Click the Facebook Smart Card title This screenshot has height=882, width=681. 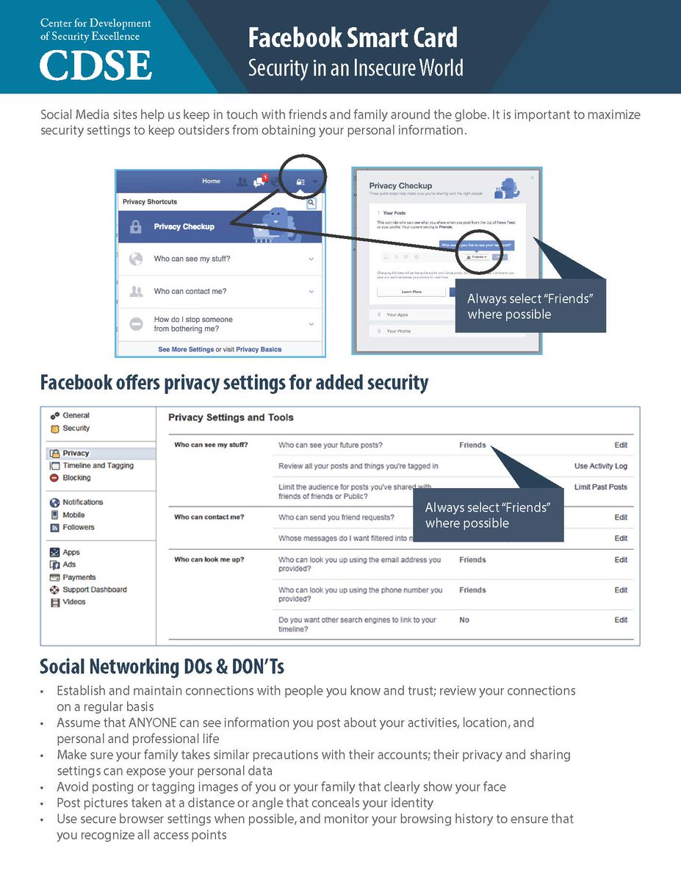[x=353, y=37]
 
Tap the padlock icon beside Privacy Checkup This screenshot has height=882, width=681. [x=135, y=227]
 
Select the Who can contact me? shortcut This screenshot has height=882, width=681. [x=190, y=292]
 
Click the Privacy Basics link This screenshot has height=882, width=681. [x=259, y=349]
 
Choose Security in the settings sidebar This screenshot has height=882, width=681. [x=76, y=428]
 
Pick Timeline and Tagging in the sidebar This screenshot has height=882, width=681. [x=98, y=465]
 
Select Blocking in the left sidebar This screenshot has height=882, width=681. [x=76, y=478]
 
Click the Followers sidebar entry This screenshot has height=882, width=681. [x=78, y=527]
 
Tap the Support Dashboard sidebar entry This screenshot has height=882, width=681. [x=94, y=589]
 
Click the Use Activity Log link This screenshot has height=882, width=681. [x=600, y=466]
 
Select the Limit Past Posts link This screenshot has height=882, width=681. [x=600, y=487]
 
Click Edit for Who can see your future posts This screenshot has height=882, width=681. [x=621, y=445]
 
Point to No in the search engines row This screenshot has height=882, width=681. [x=464, y=620]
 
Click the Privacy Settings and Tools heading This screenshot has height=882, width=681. [x=231, y=417]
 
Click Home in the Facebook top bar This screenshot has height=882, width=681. [x=211, y=181]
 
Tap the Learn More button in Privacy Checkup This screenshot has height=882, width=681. [x=411, y=292]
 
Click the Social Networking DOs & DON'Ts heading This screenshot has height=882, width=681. [x=162, y=667]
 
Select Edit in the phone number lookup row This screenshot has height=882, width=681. [x=621, y=590]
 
